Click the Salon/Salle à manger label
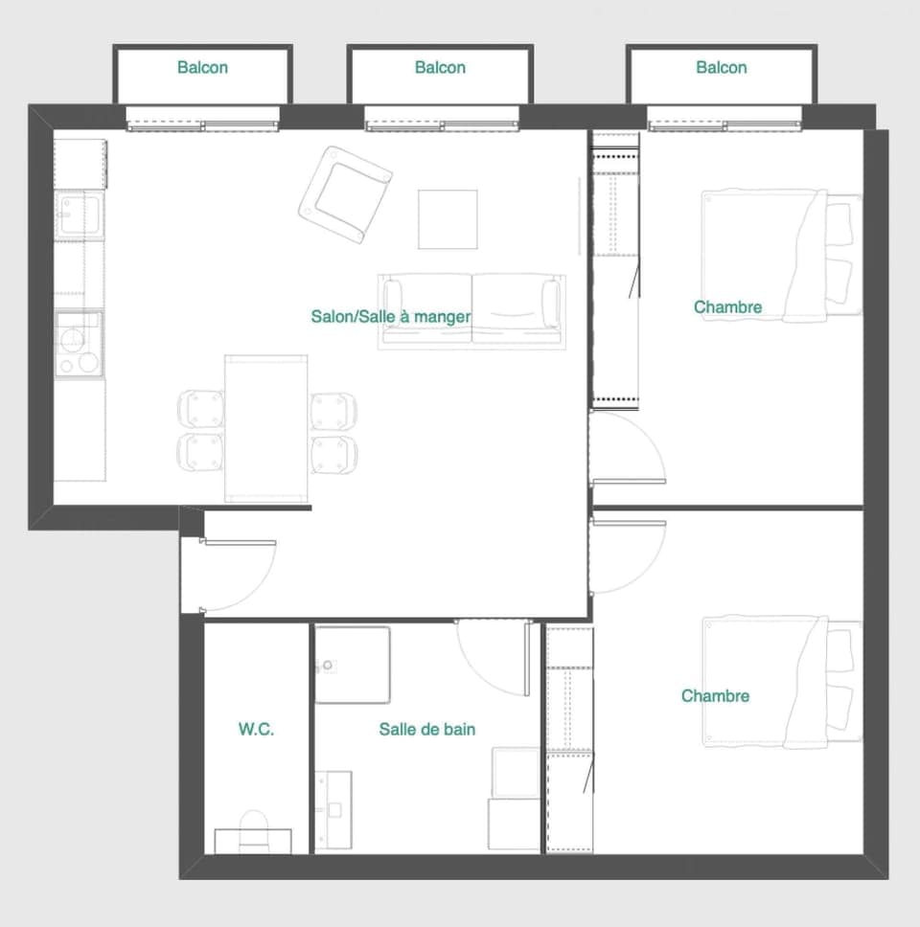coord(390,316)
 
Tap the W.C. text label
coord(256,729)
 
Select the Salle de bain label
coord(426,729)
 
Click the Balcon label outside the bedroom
coord(721,67)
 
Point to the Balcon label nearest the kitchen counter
coord(202,67)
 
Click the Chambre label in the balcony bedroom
coord(727,306)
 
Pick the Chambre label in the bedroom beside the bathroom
coord(715,695)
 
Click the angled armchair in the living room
coord(345,194)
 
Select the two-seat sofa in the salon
coord(471,308)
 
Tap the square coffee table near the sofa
coord(448,219)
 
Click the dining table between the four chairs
coord(266,427)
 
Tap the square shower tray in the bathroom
coord(353,664)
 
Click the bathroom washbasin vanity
coord(333,810)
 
